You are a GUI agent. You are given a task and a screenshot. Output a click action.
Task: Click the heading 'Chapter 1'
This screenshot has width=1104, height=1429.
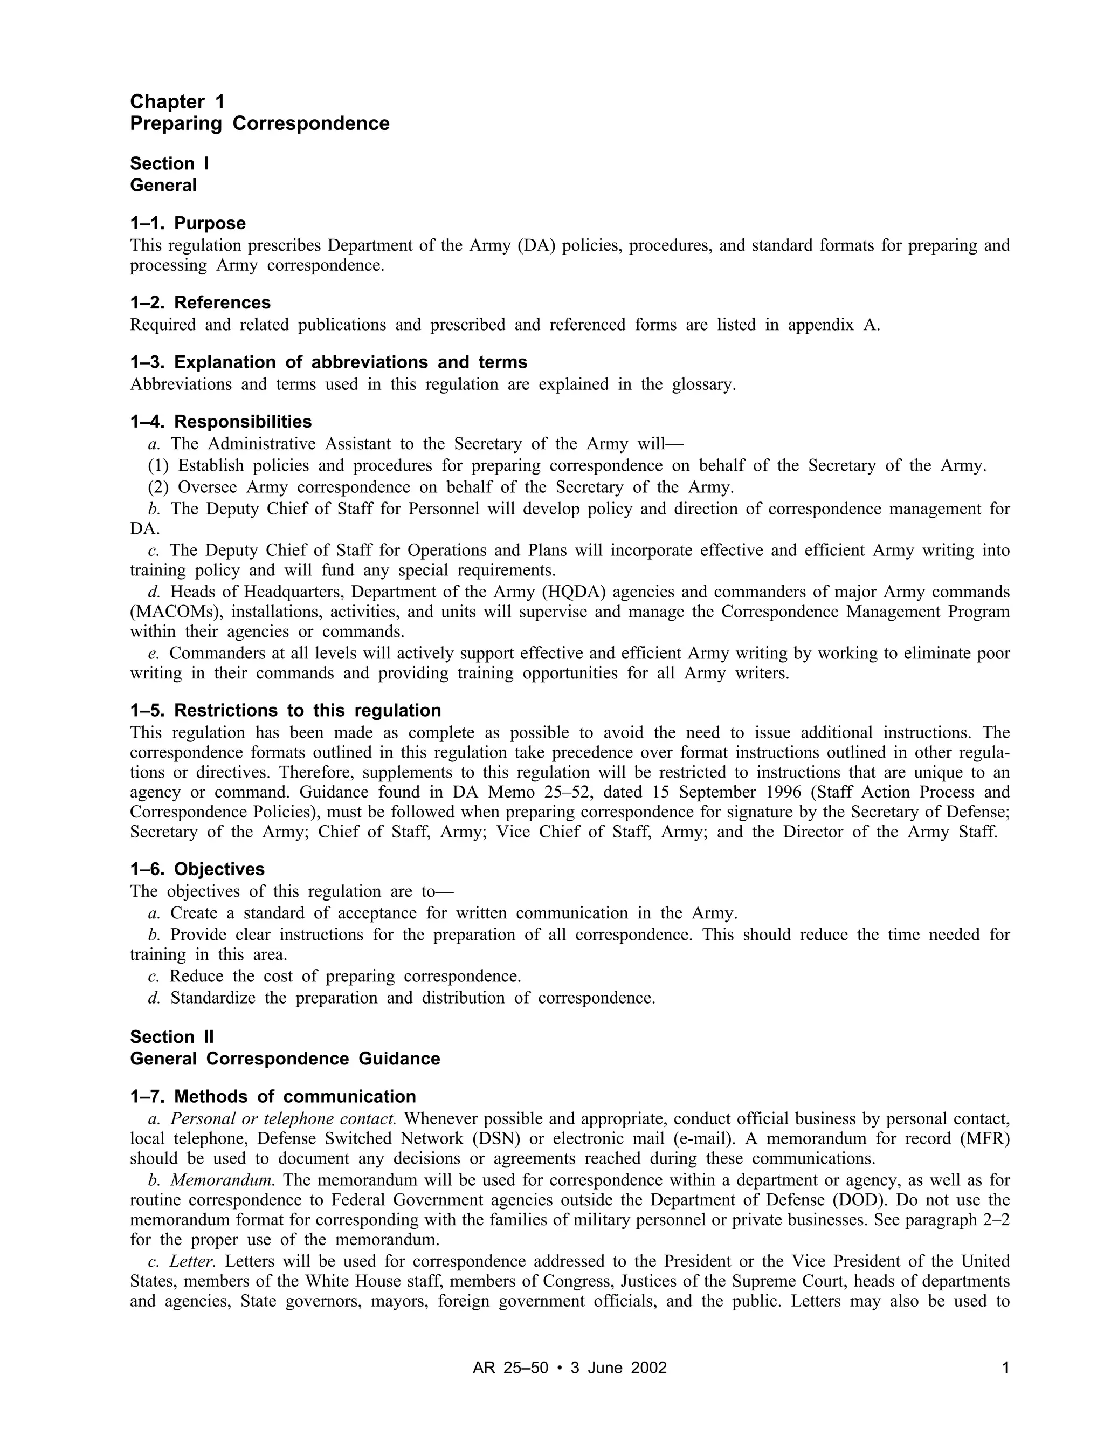tap(177, 101)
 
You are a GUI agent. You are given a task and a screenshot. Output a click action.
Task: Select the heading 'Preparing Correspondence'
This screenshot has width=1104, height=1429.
tap(260, 123)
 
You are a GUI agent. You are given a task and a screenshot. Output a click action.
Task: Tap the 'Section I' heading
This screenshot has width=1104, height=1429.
tap(169, 163)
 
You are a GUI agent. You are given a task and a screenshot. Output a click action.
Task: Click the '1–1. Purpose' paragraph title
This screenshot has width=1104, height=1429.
tap(188, 223)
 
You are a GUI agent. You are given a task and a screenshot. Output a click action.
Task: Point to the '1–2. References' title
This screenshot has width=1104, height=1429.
tap(200, 303)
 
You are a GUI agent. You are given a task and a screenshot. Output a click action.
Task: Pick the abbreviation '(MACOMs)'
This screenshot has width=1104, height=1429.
tap(175, 612)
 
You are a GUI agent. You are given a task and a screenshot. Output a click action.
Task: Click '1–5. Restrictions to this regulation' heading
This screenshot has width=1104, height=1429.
tap(285, 711)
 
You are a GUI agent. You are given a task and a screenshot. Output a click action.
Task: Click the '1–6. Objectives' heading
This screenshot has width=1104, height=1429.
tap(197, 870)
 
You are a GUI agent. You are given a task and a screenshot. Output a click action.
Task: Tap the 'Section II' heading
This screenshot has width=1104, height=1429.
tap(172, 1037)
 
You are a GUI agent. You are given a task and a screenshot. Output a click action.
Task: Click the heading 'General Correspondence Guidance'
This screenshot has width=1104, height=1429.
tap(285, 1059)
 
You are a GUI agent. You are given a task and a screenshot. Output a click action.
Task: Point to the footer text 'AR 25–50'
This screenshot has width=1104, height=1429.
tap(510, 1368)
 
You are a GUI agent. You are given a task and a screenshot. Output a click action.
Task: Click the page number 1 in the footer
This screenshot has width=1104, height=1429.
tap(1005, 1368)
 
